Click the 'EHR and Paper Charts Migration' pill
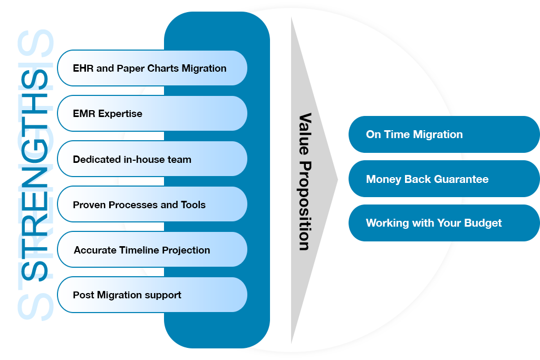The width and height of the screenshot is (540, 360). point(152,68)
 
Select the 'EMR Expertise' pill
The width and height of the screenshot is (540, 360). point(152,113)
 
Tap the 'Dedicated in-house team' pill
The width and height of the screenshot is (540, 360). point(152,159)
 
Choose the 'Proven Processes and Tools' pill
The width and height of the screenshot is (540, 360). point(152,205)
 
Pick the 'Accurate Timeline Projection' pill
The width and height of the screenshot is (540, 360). point(152,250)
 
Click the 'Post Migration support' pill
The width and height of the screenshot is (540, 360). point(152,295)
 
